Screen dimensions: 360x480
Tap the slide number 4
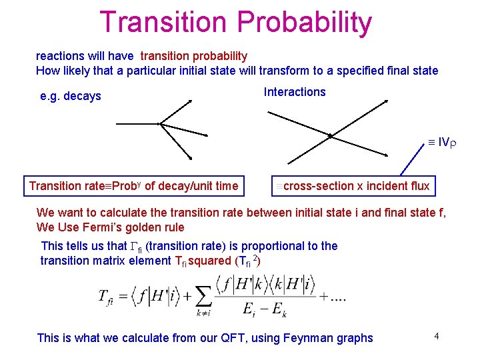click(435, 336)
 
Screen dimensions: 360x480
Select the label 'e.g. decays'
click(71, 96)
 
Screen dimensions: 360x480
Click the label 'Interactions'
click(295, 92)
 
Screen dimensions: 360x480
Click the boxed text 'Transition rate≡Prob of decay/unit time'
click(133, 186)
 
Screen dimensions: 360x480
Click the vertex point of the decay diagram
click(160, 124)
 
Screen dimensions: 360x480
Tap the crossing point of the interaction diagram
click(330, 135)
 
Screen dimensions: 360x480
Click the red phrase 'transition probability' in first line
click(194, 56)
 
